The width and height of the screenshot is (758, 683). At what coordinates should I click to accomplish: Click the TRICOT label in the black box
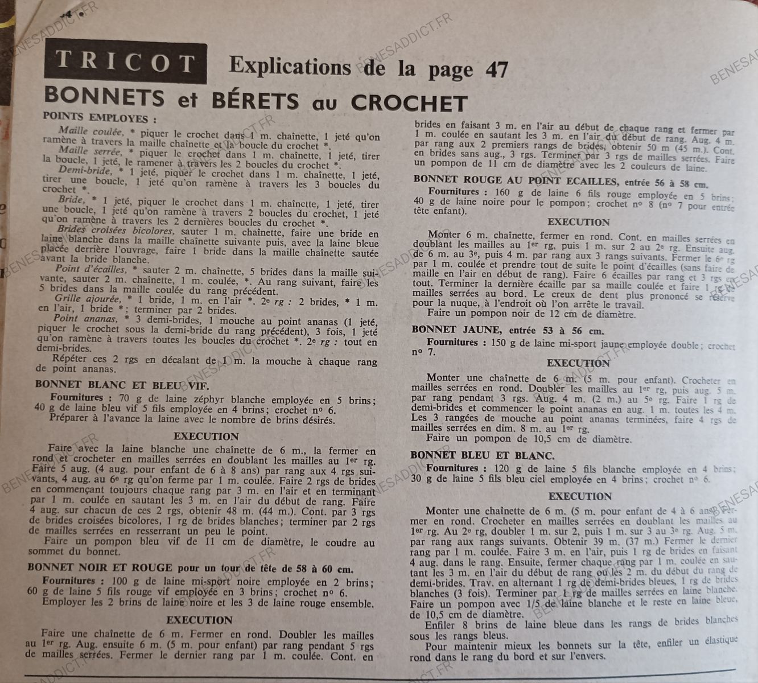(126, 63)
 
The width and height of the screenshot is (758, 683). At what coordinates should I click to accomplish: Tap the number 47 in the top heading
(495, 70)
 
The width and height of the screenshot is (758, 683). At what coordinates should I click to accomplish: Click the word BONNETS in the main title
(104, 97)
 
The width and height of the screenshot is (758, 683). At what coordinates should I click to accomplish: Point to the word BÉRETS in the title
(255, 101)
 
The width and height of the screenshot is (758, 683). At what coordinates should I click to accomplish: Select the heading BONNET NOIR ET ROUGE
(100, 567)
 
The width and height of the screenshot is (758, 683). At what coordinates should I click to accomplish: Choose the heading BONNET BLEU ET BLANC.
(482, 455)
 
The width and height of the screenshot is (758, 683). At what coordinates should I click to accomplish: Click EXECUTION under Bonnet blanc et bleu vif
(205, 437)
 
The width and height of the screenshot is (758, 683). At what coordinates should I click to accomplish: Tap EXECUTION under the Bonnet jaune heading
(578, 363)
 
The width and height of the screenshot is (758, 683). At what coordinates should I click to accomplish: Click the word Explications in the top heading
(290, 67)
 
